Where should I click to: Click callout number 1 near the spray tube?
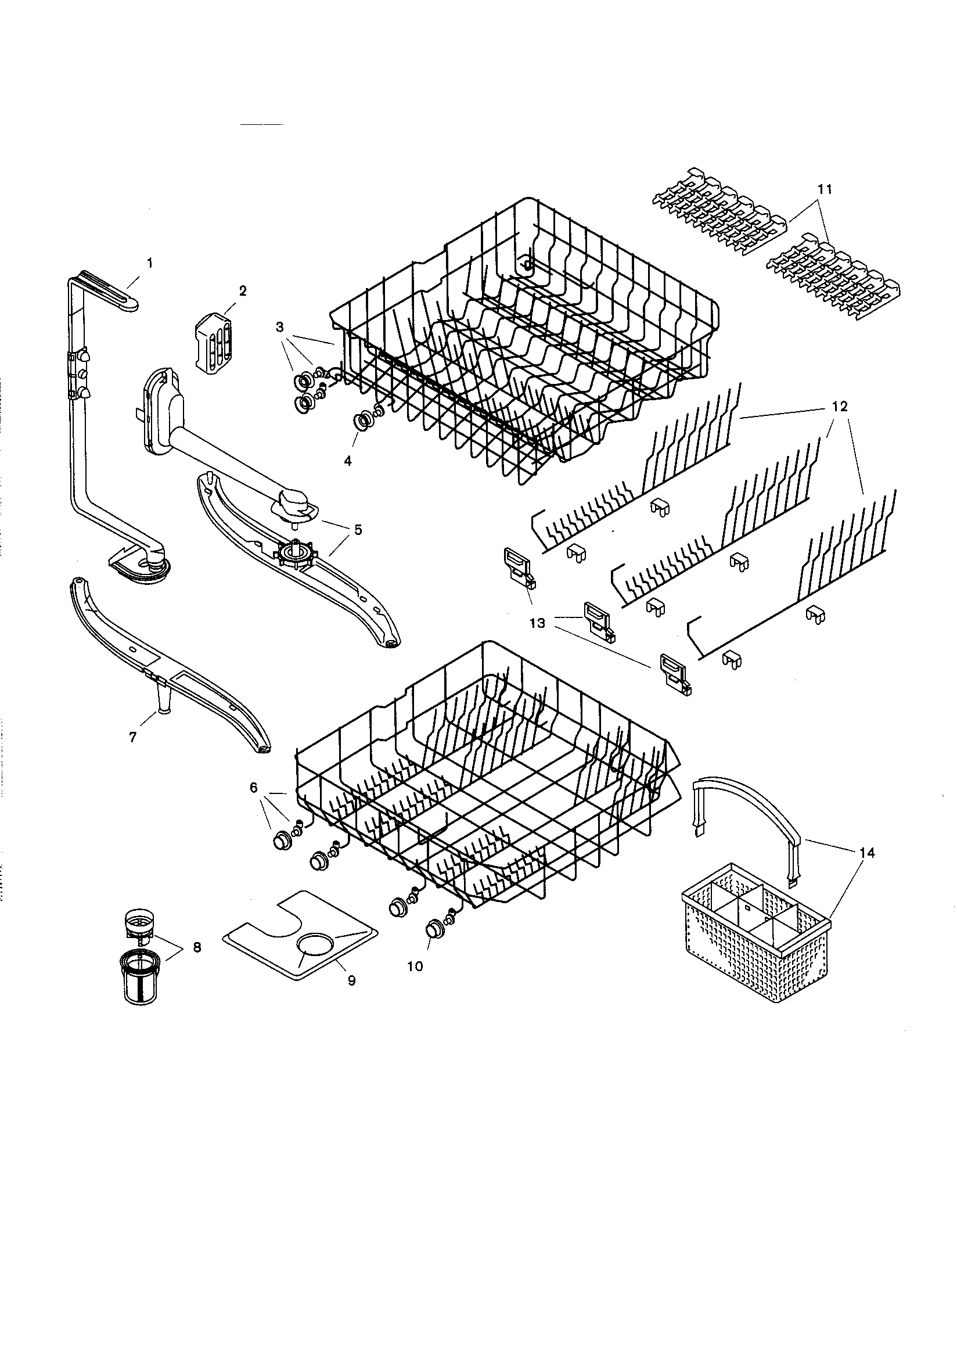coord(150,263)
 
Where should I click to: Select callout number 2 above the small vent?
coord(243,290)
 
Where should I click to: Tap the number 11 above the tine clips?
coord(825,189)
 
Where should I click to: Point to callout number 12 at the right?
coord(839,407)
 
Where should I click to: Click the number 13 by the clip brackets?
coord(537,623)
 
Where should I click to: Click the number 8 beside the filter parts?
coord(197,947)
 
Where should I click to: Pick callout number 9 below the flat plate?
coord(351,980)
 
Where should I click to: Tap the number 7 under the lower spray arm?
coord(132,737)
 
